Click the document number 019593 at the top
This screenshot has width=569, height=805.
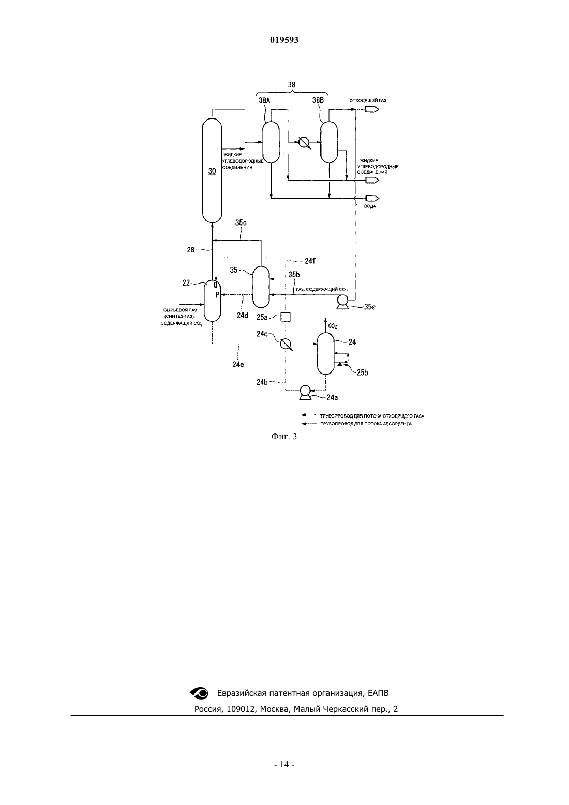pyautogui.click(x=284, y=40)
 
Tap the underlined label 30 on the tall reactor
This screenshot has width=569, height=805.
pyautogui.click(x=212, y=171)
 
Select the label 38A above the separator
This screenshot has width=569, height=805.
pyautogui.click(x=264, y=100)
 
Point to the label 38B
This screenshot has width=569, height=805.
pyautogui.click(x=318, y=100)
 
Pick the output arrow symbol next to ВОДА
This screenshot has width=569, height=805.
pyautogui.click(x=372, y=198)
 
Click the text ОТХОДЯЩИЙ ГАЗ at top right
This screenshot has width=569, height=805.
pyautogui.click(x=368, y=101)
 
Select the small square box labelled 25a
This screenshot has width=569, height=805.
pyautogui.click(x=285, y=317)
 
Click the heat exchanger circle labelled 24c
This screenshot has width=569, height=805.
pyautogui.click(x=286, y=344)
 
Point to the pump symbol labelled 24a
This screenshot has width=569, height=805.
pyautogui.click(x=305, y=393)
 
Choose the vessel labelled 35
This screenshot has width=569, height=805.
pyautogui.click(x=261, y=287)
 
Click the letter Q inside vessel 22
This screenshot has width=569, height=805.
pyautogui.click(x=215, y=286)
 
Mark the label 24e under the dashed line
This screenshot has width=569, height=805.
pyautogui.click(x=238, y=364)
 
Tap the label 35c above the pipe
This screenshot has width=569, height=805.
pyautogui.click(x=241, y=223)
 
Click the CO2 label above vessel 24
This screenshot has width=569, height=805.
pyautogui.click(x=333, y=326)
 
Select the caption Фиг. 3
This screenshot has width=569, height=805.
pyautogui.click(x=284, y=436)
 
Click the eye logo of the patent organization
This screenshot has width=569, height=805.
pyautogui.click(x=199, y=693)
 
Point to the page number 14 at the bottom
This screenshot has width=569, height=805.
pyautogui.click(x=284, y=764)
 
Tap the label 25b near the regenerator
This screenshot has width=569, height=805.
pyautogui.click(x=363, y=372)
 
